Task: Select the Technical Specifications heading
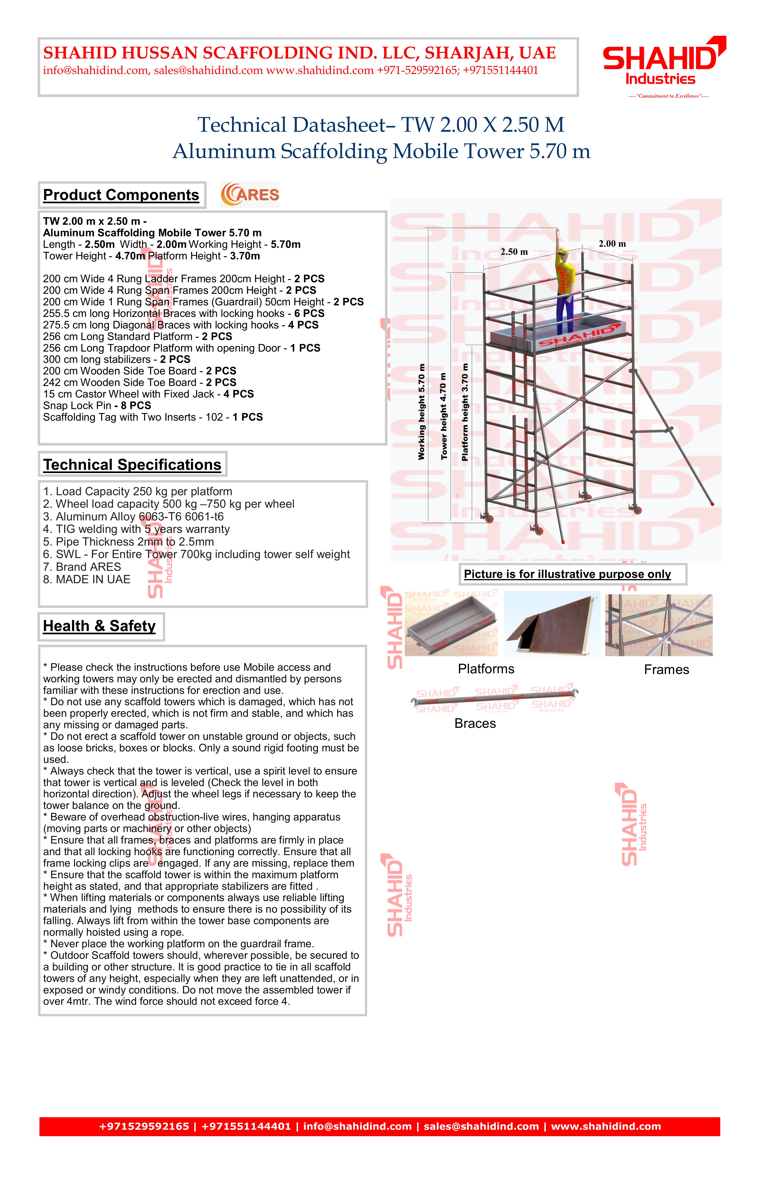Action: pos(132,465)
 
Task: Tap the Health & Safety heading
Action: pos(100,626)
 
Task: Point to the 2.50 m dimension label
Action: pos(514,252)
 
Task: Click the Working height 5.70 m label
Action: pos(422,412)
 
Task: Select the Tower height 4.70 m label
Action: pos(443,416)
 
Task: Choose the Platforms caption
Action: pos(486,669)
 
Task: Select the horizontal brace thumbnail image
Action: pos(495,698)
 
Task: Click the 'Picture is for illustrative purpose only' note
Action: pos(567,574)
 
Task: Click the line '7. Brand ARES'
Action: pos(82,567)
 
